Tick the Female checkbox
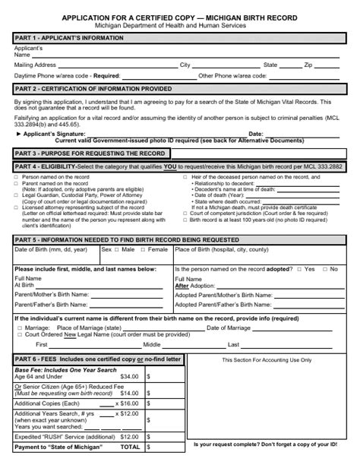[144, 249]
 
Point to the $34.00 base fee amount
[129, 376]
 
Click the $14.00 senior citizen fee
[129, 394]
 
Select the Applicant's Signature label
[53, 133]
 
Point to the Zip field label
[308, 65]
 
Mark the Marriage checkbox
[17, 327]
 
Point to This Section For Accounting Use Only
[261, 359]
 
